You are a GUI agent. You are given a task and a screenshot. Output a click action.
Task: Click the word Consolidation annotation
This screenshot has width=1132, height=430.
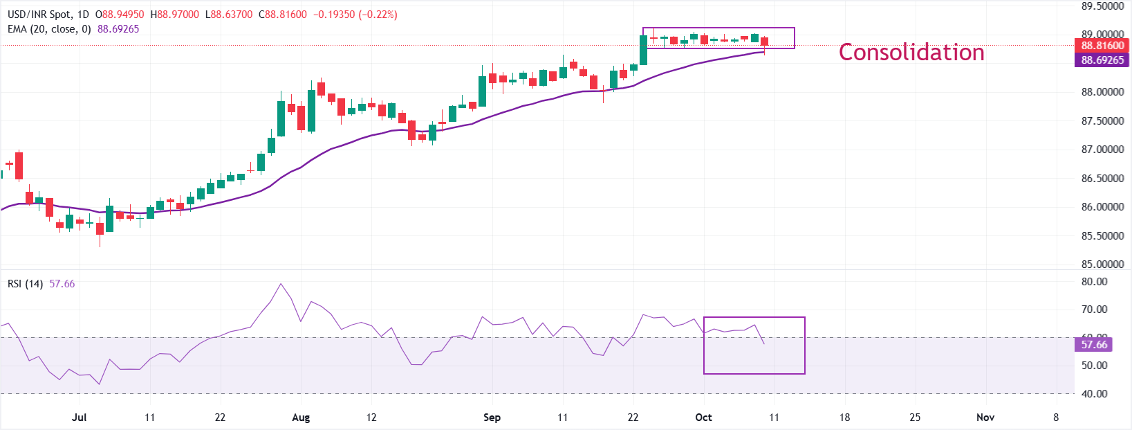click(911, 53)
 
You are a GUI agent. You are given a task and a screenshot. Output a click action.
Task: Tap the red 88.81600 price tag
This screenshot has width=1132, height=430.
click(1102, 46)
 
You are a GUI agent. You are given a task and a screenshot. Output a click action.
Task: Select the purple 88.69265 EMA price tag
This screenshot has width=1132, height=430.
click(1102, 60)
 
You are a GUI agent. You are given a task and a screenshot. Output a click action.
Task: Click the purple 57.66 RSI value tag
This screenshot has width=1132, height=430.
click(1094, 345)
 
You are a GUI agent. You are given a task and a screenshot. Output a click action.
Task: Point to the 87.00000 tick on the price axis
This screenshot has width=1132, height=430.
click(1102, 150)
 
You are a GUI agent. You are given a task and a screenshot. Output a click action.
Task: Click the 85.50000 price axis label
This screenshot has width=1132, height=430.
click(1102, 236)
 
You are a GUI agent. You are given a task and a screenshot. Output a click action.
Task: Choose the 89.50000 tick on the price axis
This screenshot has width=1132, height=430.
click(1102, 6)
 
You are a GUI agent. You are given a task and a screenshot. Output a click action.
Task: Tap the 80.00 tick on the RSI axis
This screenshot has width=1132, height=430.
click(1094, 282)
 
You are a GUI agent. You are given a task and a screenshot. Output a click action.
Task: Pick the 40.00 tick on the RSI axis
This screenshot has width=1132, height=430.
click(1094, 394)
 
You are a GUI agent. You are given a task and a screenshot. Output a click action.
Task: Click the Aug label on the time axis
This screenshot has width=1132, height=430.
click(301, 418)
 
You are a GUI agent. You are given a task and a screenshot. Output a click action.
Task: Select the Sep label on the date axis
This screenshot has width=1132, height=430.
click(492, 418)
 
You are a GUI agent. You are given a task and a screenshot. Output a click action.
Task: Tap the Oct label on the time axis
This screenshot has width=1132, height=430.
click(703, 418)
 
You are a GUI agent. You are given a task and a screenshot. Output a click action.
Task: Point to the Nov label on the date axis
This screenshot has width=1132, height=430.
click(985, 418)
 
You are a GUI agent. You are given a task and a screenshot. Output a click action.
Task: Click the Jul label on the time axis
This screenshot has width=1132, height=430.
click(79, 418)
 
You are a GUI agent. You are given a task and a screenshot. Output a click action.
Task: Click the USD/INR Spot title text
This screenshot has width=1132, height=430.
click(39, 15)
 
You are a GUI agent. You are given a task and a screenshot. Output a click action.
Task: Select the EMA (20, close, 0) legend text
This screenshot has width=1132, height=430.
click(49, 29)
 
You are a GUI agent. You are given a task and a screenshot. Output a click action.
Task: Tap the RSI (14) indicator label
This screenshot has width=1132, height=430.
click(26, 284)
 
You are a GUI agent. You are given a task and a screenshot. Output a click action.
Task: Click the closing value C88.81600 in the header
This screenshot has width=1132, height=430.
click(282, 15)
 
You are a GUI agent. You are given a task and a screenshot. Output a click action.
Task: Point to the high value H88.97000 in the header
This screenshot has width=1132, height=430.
click(174, 15)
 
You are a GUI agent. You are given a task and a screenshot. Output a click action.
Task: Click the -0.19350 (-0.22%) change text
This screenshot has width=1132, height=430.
click(355, 15)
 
